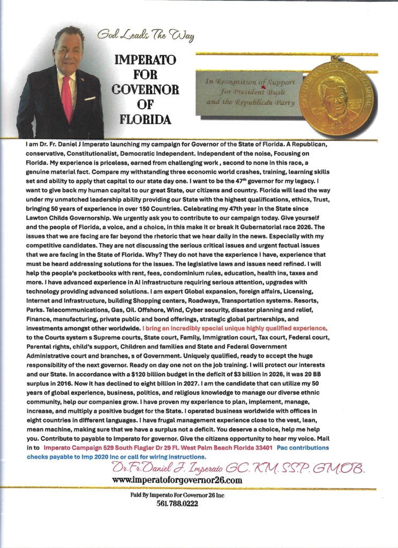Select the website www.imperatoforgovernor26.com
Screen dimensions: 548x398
[176, 480]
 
